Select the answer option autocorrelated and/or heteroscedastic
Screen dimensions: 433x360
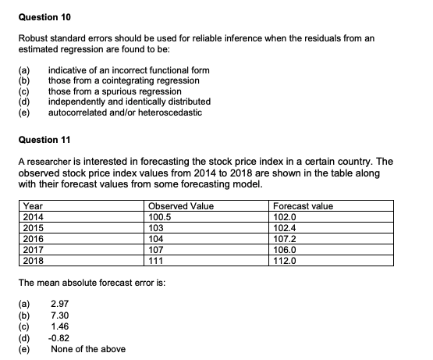click(x=125, y=112)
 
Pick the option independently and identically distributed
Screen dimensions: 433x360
click(x=129, y=102)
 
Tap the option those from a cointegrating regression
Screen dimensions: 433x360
click(x=123, y=80)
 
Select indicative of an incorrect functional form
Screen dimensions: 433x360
click(x=129, y=70)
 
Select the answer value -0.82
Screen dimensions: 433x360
click(x=59, y=338)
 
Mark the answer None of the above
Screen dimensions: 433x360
click(x=87, y=348)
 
